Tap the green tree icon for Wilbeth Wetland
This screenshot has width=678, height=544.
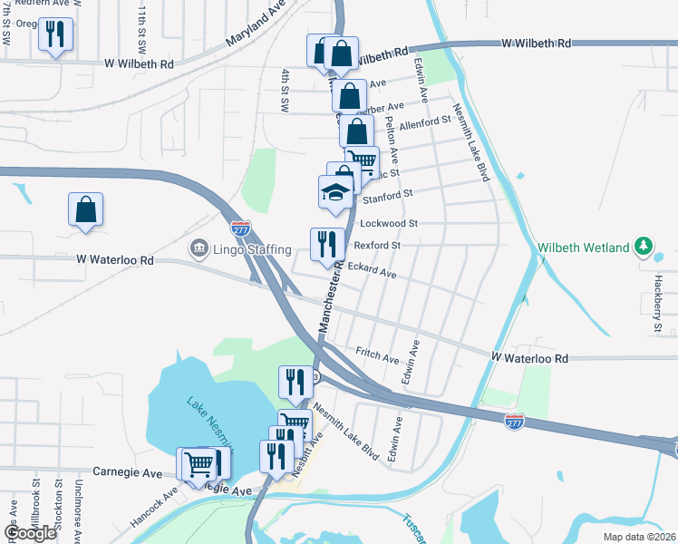click(x=644, y=247)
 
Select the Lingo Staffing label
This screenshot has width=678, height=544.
click(x=253, y=249)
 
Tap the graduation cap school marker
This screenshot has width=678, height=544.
click(x=334, y=192)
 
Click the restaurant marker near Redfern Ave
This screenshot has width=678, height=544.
click(x=56, y=35)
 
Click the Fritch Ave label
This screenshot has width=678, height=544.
click(x=377, y=355)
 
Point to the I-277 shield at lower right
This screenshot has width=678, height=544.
click(x=514, y=421)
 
